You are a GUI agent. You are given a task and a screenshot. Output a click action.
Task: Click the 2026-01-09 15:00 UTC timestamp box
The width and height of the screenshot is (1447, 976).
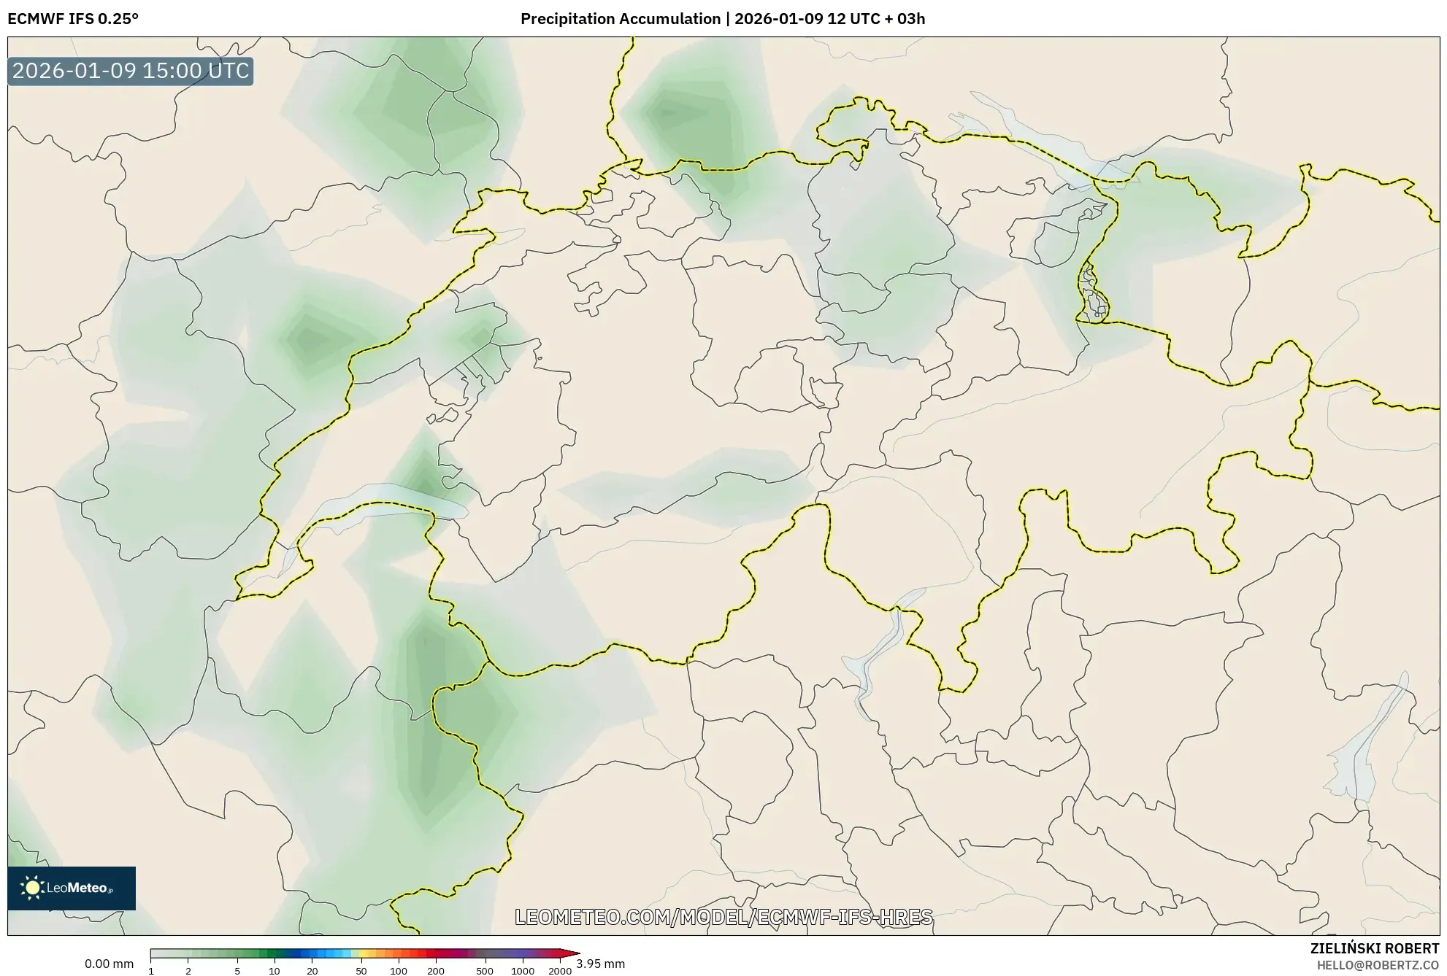click(131, 71)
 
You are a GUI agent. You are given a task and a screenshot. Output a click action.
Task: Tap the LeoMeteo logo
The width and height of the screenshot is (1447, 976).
click(72, 888)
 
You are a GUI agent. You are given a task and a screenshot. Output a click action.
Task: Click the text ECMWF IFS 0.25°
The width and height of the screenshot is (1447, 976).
click(72, 19)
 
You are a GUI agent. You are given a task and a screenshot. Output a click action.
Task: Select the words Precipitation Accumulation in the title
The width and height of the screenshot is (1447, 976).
click(620, 19)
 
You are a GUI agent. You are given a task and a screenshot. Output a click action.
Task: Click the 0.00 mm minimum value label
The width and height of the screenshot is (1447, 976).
click(109, 964)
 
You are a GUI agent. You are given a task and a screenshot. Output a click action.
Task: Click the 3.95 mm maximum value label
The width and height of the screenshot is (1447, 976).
click(600, 964)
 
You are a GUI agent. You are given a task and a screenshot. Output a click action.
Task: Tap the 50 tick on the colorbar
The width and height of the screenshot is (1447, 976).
click(361, 971)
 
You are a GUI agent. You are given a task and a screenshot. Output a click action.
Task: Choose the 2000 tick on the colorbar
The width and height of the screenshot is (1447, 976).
click(560, 971)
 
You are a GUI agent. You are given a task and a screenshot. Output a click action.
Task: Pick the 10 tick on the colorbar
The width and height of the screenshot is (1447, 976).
click(275, 971)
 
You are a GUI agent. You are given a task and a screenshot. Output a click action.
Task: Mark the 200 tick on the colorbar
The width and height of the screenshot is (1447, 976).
click(436, 971)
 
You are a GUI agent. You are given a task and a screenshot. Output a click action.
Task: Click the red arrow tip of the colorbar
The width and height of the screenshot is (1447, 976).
click(575, 953)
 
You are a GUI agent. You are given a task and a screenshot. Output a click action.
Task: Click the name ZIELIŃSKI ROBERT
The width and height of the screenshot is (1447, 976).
click(1374, 948)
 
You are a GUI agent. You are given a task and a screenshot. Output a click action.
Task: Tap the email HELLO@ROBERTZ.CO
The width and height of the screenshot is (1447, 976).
click(1378, 965)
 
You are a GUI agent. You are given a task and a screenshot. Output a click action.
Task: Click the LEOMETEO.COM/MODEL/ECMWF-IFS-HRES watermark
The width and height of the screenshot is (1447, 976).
click(723, 917)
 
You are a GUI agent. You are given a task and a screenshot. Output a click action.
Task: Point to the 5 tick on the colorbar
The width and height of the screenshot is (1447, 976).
click(237, 971)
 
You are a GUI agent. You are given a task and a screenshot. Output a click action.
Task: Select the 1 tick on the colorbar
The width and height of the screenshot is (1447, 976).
click(151, 971)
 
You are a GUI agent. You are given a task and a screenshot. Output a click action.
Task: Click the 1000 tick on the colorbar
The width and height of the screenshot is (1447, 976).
click(523, 971)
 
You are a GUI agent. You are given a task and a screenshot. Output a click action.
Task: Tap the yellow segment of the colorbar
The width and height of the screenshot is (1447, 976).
click(365, 953)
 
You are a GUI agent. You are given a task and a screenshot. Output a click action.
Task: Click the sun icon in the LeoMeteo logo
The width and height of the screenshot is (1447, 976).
click(33, 888)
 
